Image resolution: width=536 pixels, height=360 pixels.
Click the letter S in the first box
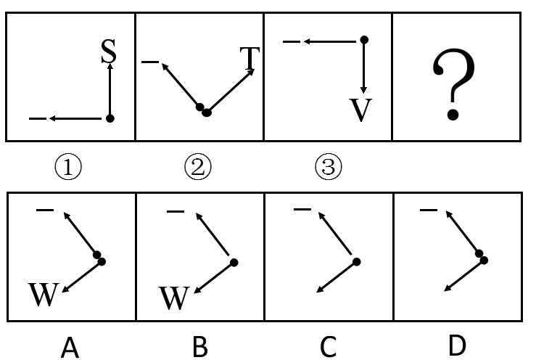click(x=108, y=51)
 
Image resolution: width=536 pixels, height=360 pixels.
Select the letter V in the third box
click(x=360, y=110)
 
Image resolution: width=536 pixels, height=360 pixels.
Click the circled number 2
click(x=197, y=168)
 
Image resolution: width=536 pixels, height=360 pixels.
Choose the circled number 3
click(x=327, y=168)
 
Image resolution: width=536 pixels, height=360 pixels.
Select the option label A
click(x=70, y=348)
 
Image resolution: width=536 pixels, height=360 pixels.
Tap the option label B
click(x=199, y=348)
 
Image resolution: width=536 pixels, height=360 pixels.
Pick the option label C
click(x=329, y=348)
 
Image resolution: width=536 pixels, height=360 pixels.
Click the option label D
click(x=457, y=346)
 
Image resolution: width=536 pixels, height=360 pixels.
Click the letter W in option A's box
click(x=43, y=295)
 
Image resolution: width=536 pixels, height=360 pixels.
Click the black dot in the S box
click(x=110, y=118)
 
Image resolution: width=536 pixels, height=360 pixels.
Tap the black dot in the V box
click(x=364, y=39)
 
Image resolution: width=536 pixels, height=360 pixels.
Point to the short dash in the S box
click(x=38, y=118)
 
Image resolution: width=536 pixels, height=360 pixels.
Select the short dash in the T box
click(x=150, y=63)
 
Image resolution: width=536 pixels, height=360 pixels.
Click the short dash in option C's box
click(x=302, y=210)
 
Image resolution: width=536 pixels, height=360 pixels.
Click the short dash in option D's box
click(x=429, y=210)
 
